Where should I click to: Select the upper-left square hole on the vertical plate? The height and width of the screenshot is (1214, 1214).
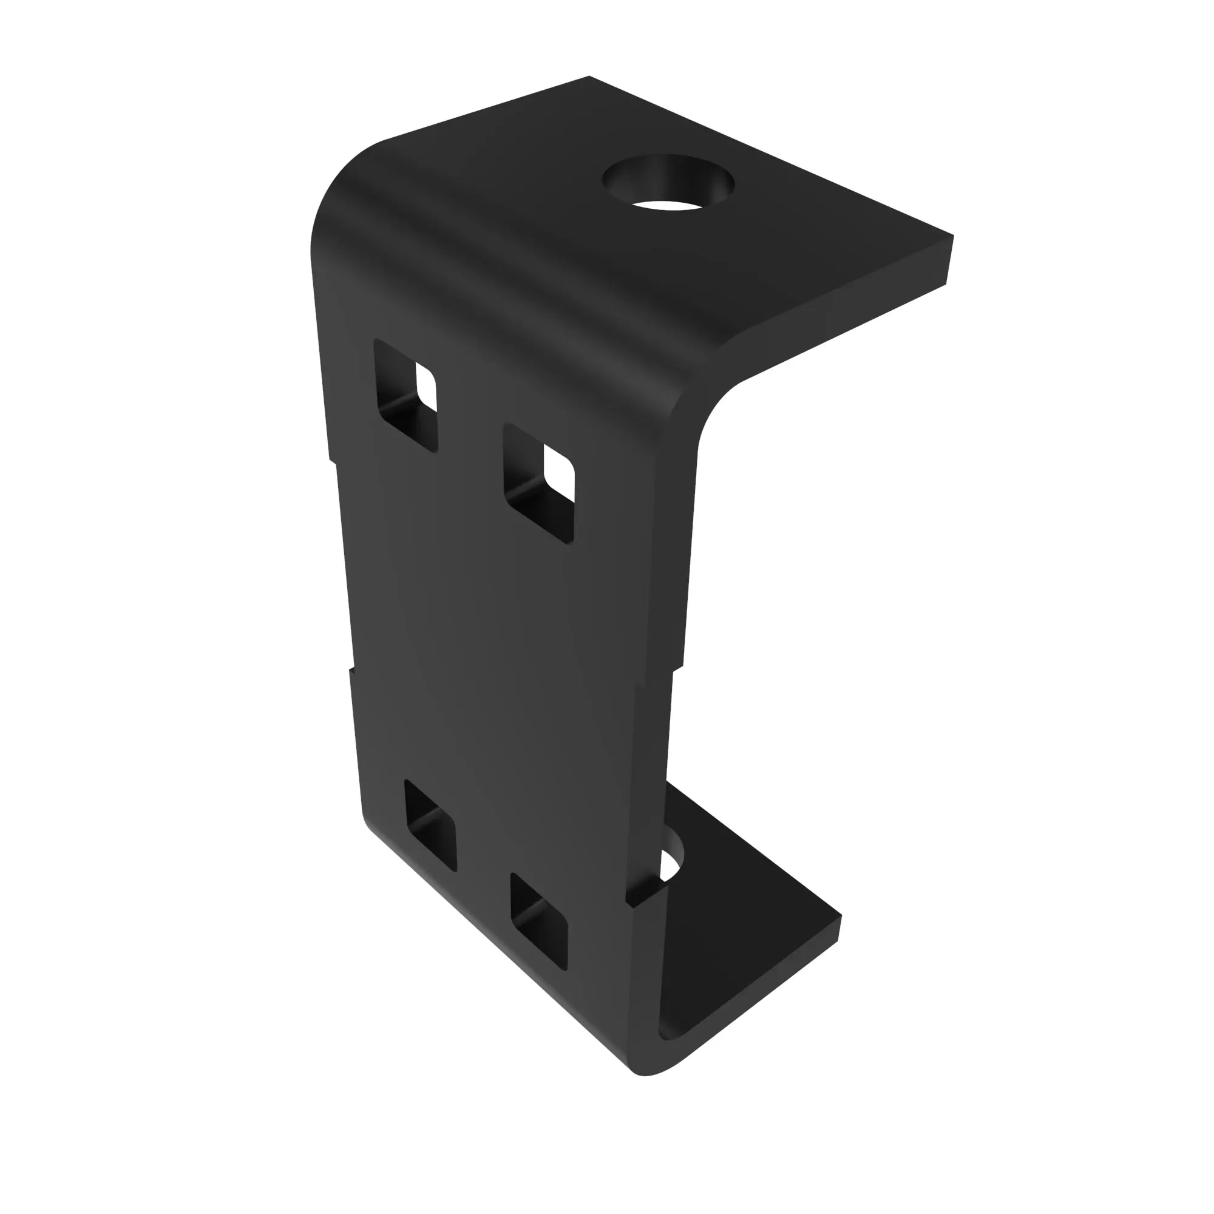tap(406, 395)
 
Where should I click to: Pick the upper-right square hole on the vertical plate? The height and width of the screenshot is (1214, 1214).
tap(539, 482)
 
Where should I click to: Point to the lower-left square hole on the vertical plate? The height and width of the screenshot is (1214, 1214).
tap(430, 824)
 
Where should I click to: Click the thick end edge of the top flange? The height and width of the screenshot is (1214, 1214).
tap(949, 261)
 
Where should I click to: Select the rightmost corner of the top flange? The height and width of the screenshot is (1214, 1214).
tap(952, 237)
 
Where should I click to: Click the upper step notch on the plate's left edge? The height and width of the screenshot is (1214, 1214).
tap(332, 462)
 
